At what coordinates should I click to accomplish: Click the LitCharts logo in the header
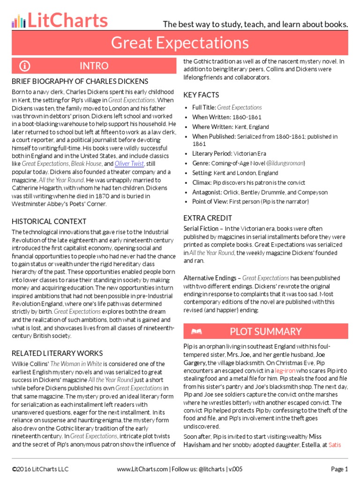pos(60,21)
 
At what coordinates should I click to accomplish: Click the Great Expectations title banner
pos(180,43)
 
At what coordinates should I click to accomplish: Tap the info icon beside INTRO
pos(25,66)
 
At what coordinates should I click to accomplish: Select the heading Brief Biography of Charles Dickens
pos(80,82)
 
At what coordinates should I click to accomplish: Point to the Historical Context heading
pos(49,221)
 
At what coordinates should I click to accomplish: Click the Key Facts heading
pos(201,95)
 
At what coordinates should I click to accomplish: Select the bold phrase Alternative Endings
pos(210,278)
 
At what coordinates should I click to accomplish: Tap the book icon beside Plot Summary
pos(196,332)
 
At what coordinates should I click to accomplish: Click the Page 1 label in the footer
pos(339,469)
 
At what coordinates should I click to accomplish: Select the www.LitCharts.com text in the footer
pos(142,469)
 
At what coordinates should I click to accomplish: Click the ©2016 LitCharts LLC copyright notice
pos(40,469)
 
